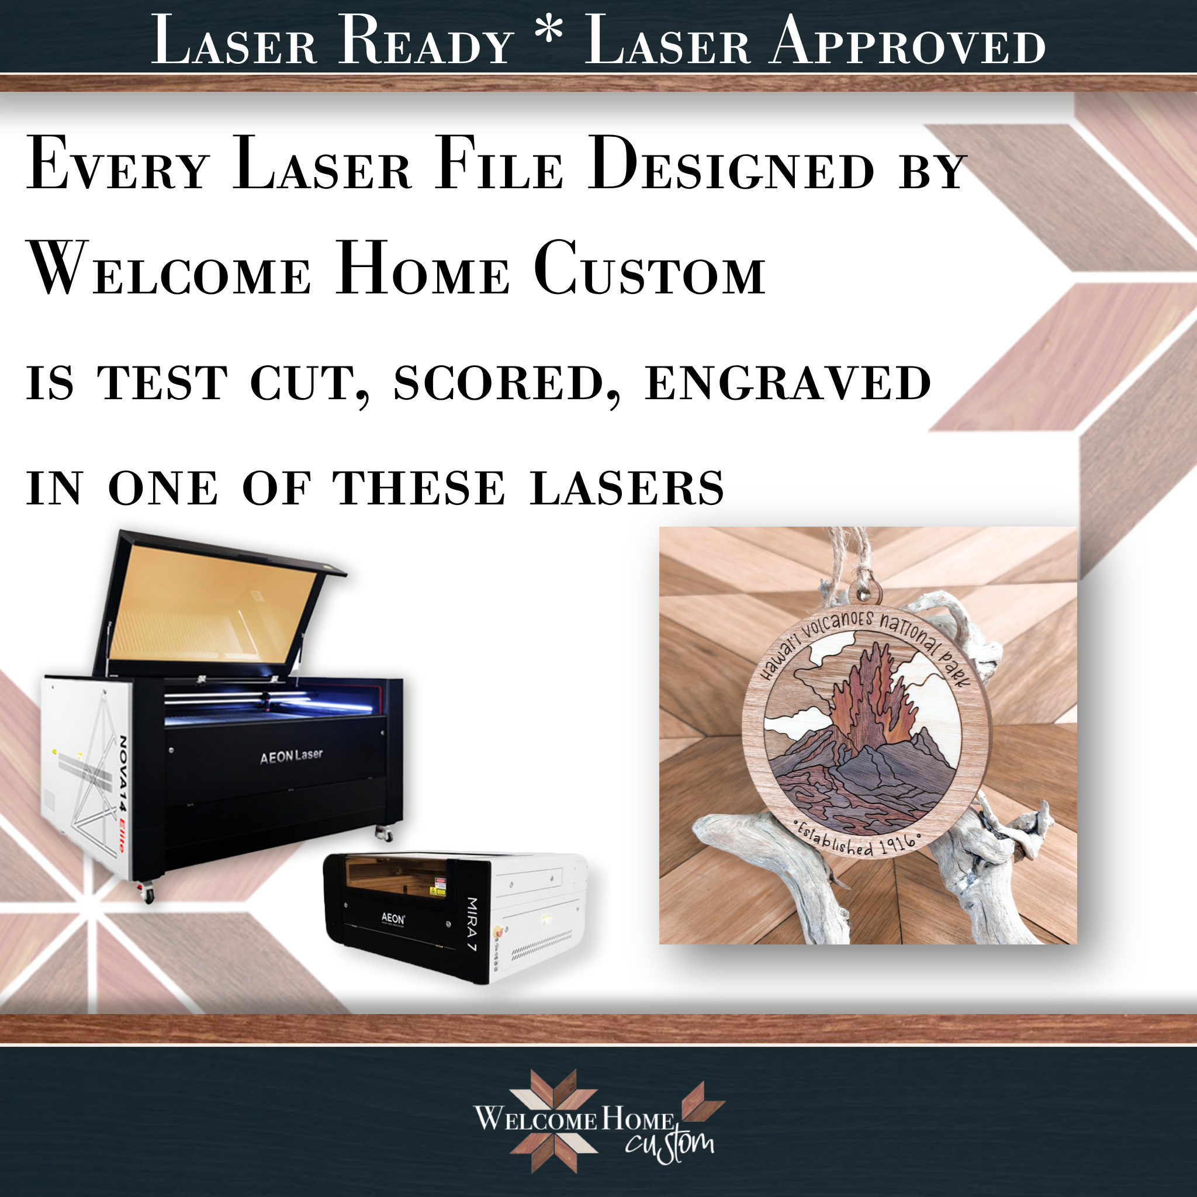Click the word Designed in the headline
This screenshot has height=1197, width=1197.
pyautogui.click(x=731, y=164)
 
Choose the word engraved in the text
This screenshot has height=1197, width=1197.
pyautogui.click(x=788, y=383)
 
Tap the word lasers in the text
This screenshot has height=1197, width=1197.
pyautogui.click(x=627, y=487)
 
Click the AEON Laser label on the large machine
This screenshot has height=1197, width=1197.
pyautogui.click(x=291, y=755)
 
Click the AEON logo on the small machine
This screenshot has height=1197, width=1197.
pyautogui.click(x=393, y=918)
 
